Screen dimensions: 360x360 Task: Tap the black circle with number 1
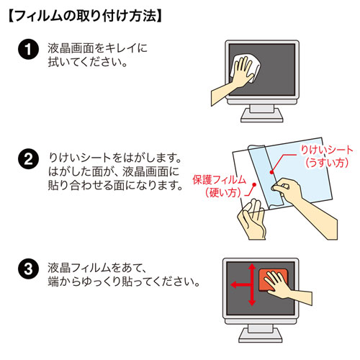click(x=27, y=51)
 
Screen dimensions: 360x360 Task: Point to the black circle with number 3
click(x=27, y=271)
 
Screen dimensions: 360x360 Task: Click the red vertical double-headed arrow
click(x=251, y=284)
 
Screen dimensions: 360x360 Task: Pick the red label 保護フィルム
click(x=219, y=179)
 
